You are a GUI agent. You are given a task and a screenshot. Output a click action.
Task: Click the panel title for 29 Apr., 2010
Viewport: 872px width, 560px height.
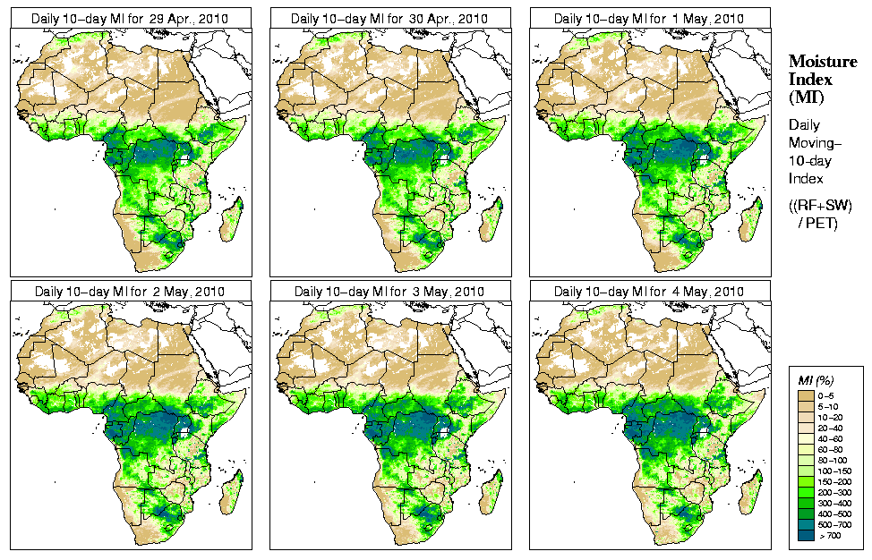click(x=131, y=18)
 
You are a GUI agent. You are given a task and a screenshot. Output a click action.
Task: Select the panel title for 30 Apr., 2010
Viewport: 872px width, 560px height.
click(x=390, y=18)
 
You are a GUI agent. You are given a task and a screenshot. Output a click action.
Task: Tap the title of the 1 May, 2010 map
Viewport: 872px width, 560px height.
click(x=650, y=18)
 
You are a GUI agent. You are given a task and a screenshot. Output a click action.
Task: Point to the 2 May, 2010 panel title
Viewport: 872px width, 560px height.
click(x=131, y=292)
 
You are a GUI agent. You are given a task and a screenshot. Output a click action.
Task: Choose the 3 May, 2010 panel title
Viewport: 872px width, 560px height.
click(x=390, y=292)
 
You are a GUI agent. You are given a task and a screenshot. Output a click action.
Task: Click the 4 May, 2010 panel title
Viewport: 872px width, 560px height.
click(x=650, y=292)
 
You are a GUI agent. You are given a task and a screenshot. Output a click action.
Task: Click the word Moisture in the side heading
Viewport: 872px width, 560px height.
click(x=818, y=61)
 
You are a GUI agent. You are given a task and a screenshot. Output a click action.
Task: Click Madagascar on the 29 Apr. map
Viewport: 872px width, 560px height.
click(x=231, y=218)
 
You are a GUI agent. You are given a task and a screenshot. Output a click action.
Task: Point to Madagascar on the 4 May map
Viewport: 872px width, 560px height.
click(x=750, y=492)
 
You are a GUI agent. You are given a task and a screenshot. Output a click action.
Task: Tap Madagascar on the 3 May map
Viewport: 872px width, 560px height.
click(x=491, y=492)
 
